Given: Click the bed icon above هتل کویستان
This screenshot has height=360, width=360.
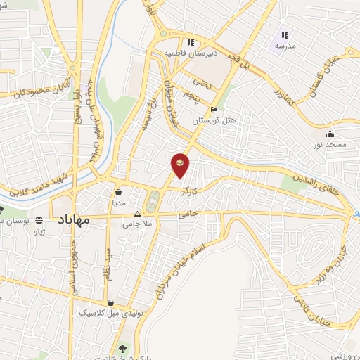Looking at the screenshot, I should [x=214, y=110].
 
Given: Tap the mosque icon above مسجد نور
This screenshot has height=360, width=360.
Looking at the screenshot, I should [x=330, y=134].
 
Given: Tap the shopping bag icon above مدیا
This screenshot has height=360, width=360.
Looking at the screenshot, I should [x=119, y=191].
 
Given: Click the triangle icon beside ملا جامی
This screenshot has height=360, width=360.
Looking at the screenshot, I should [x=137, y=214].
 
